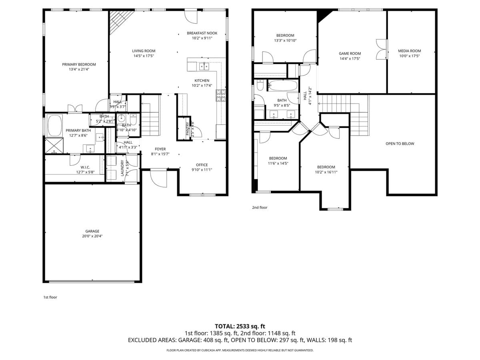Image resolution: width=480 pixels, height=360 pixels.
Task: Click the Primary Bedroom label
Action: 79,64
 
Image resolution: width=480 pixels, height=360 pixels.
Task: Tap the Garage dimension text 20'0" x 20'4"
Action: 92,236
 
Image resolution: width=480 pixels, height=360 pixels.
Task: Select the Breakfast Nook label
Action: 202,33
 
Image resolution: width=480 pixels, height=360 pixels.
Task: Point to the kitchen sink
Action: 204,66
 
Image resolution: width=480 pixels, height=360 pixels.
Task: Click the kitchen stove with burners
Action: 221,96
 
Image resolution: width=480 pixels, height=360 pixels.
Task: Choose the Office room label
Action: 202,165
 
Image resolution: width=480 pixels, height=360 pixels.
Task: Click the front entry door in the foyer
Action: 158,178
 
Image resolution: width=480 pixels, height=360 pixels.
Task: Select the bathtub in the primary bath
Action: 55,126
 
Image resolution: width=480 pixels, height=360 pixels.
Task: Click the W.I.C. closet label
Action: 85,167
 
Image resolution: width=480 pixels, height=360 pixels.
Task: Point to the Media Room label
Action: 409,51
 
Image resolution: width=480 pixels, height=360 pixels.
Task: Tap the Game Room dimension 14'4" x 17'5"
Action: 350,59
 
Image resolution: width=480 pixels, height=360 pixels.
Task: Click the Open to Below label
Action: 400,144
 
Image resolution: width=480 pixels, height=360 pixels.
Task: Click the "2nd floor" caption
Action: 260,208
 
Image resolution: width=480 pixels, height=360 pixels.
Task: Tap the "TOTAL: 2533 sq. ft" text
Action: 240,326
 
